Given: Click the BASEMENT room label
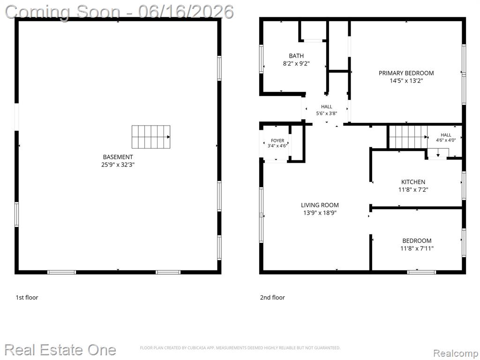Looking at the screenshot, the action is (x=118, y=157).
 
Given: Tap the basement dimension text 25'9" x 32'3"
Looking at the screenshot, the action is (x=118, y=165).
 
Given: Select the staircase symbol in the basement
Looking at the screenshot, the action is (x=151, y=137).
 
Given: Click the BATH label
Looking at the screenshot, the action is (x=296, y=56).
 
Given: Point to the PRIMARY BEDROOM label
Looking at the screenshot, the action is (x=406, y=73).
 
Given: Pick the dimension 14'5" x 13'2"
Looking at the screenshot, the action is (x=406, y=81).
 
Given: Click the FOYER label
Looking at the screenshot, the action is (x=277, y=141).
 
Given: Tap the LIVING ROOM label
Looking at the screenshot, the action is (x=320, y=205).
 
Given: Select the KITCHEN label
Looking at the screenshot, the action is (x=413, y=182).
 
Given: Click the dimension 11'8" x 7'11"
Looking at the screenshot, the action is (x=417, y=248).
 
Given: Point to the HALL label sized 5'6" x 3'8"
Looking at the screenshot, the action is (x=327, y=107).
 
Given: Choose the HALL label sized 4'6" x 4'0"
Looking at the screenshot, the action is (x=446, y=135).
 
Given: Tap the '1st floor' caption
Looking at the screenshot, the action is (x=27, y=297).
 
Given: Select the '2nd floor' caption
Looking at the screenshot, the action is (x=272, y=297).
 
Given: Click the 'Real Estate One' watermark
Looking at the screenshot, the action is (x=60, y=350).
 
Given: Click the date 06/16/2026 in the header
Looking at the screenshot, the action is (x=186, y=12).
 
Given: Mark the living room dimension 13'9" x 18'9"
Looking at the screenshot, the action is (x=320, y=213).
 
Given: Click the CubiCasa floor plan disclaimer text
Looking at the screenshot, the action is (x=240, y=348).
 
